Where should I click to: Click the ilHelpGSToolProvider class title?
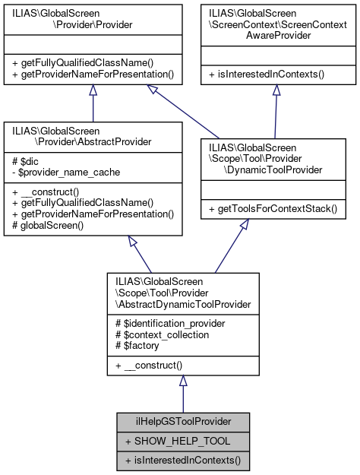click(x=182, y=421)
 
